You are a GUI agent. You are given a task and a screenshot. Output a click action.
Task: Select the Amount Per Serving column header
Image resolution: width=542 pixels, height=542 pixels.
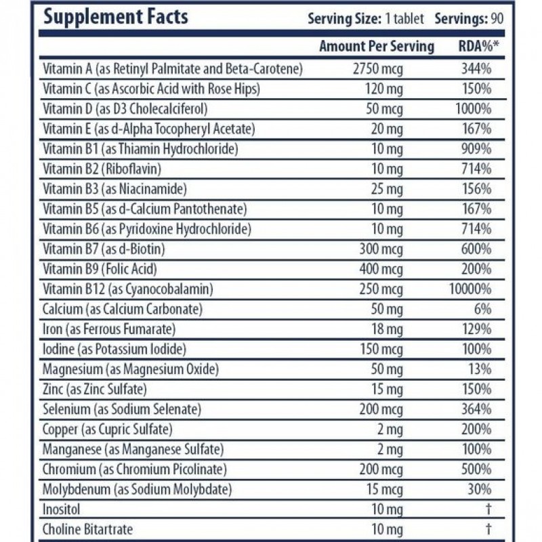coord(377,47)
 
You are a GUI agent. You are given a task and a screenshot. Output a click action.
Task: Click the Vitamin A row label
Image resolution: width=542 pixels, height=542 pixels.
coord(172,68)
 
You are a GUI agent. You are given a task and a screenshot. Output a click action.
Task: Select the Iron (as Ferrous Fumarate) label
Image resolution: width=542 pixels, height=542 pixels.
coord(109,329)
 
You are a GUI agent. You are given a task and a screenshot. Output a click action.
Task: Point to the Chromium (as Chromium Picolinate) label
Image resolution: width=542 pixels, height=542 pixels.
coord(134,470)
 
